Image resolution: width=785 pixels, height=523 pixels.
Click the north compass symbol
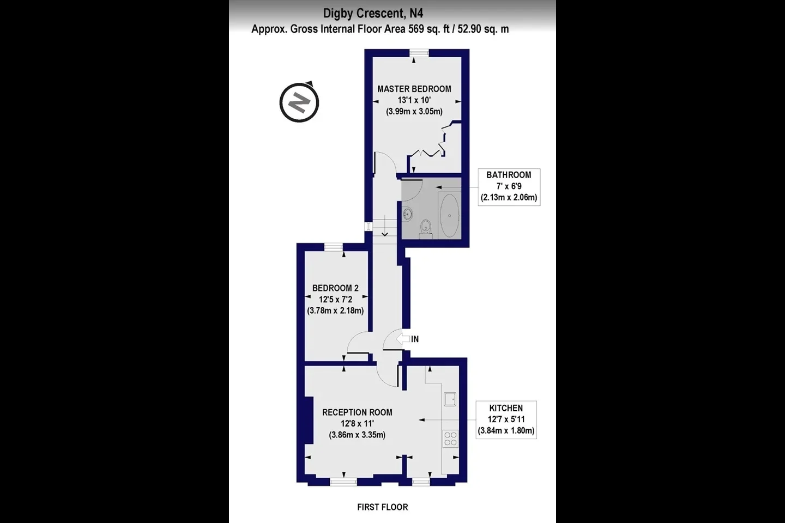(299, 102)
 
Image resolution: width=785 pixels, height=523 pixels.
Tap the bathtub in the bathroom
(449, 215)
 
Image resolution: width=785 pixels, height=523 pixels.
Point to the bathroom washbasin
(407, 214)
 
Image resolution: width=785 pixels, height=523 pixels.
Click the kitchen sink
(450, 399)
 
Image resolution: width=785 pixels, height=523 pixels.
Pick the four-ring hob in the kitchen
(450, 439)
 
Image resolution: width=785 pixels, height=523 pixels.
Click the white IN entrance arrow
(403, 339)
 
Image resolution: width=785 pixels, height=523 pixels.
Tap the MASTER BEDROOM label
(414, 89)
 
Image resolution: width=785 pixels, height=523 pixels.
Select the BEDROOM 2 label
(335, 288)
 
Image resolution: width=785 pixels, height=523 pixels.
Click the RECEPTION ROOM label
(357, 412)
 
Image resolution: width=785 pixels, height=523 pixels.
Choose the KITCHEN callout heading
(506, 408)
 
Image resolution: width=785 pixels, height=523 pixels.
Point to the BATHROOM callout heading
(509, 175)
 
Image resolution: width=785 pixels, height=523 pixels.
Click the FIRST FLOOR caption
(382, 507)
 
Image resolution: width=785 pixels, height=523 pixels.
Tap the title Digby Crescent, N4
(373, 13)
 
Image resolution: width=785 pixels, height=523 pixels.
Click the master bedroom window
(420, 53)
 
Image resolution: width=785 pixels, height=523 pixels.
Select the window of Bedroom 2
(333, 247)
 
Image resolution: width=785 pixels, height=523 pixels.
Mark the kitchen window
(421, 482)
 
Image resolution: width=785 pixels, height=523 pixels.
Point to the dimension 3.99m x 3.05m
(414, 111)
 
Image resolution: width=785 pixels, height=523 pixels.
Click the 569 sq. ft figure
(428, 29)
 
